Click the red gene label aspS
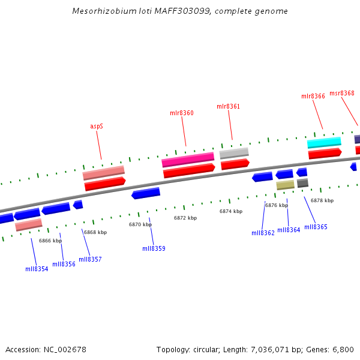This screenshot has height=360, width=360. tap(97, 126)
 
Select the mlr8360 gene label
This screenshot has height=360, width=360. tap(181, 113)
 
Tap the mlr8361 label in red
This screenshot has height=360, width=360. tap(228, 106)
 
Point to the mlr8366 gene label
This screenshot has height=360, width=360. tap(313, 96)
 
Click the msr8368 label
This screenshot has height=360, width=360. tap(341, 93)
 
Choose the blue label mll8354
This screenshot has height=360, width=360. tap(37, 269)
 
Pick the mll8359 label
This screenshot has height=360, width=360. tap(154, 248)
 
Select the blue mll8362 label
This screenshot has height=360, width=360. tap(263, 233)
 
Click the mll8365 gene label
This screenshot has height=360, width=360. tap(316, 227)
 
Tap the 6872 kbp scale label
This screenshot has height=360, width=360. tap(185, 218)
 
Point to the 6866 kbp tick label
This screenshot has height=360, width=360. tap(50, 241)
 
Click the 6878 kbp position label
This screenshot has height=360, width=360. tap(322, 200)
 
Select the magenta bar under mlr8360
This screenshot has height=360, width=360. tap(188, 160)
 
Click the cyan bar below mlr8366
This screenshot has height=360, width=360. tap(324, 142)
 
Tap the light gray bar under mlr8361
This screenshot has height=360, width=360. tap(234, 153)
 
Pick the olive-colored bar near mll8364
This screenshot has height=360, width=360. tap(285, 185)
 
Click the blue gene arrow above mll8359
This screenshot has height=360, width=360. tap(146, 193)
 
